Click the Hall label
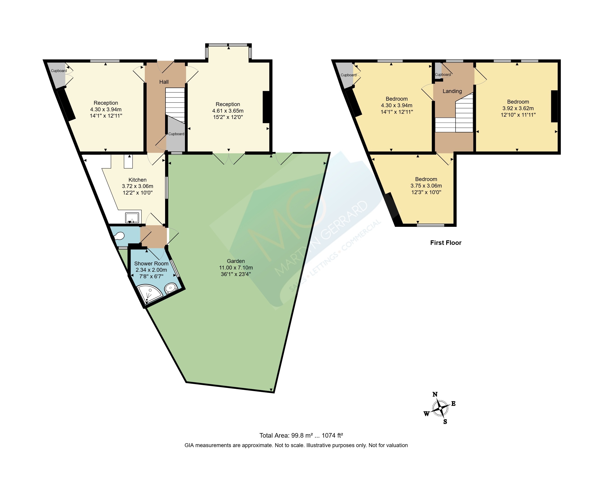click(164, 82)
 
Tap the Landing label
click(452, 91)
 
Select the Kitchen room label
click(137, 180)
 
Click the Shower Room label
click(151, 264)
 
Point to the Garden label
click(236, 261)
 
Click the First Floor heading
click(446, 243)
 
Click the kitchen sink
click(132, 218)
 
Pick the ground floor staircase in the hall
click(175, 105)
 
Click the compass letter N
click(435, 394)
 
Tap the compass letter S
click(445, 422)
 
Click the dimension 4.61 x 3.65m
click(228, 111)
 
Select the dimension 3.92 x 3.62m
click(518, 108)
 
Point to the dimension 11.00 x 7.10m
click(236, 267)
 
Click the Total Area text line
click(301, 435)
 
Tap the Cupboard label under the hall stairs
click(176, 134)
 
